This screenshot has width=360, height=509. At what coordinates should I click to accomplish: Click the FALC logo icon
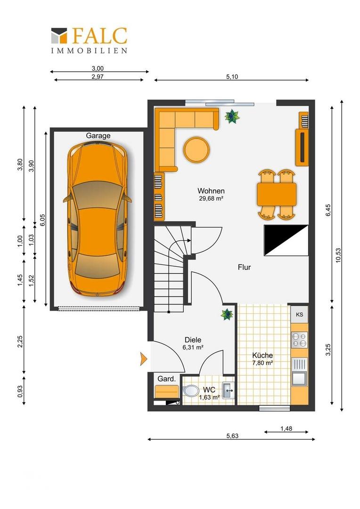[x=59, y=35]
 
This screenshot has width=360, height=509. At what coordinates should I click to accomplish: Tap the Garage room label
[x=98, y=136]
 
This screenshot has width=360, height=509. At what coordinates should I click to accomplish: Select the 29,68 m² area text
[x=211, y=199]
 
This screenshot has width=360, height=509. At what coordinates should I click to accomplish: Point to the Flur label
[x=245, y=267]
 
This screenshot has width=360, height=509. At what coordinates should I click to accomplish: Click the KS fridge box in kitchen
[x=299, y=314]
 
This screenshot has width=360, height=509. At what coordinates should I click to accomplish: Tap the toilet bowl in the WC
[x=191, y=391]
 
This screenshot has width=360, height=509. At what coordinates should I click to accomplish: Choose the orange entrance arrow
[x=143, y=359]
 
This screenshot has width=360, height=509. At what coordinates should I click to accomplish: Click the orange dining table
[x=277, y=194]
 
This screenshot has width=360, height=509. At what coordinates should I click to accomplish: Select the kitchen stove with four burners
[x=299, y=340]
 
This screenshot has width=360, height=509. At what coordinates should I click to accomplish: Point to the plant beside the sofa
[x=232, y=116]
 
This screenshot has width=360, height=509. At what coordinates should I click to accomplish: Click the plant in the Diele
[x=227, y=314]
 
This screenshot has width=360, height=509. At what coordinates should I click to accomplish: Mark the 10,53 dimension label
[x=338, y=255]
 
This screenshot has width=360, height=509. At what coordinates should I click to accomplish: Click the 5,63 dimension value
[x=232, y=436]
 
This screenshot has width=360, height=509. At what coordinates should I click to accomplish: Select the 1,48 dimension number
[x=286, y=428]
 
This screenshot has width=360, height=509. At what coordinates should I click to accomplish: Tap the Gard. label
[x=166, y=379]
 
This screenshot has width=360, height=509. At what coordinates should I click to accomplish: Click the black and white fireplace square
[x=286, y=240]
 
